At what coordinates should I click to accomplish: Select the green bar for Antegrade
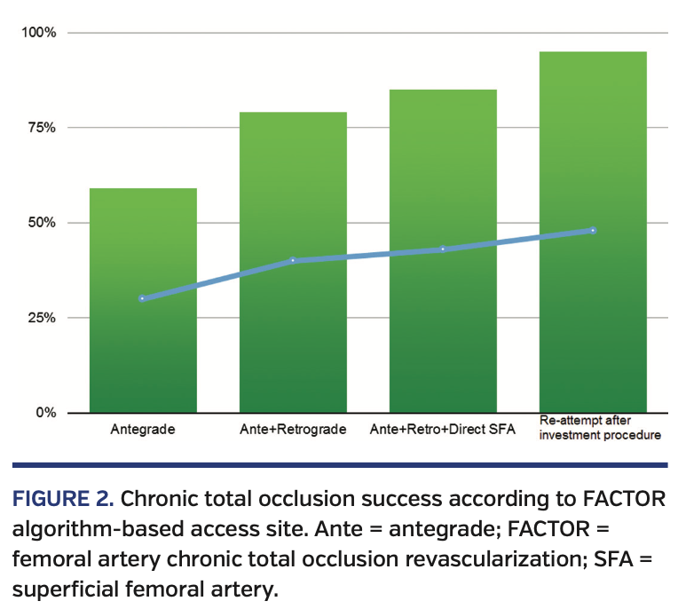[143, 355]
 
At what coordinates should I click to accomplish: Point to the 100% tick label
[39, 33]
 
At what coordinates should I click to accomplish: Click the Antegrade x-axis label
[143, 430]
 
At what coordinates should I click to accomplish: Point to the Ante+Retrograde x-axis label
[293, 430]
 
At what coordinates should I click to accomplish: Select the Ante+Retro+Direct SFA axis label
[442, 430]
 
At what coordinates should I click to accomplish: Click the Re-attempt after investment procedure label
[593, 428]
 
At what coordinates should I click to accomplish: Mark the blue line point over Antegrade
[142, 298]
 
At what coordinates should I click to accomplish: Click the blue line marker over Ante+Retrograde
[293, 261]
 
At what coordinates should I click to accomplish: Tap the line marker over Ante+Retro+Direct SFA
[443, 249]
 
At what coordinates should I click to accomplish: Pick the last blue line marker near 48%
[593, 231]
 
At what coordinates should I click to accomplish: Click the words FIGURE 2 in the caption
[62, 499]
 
